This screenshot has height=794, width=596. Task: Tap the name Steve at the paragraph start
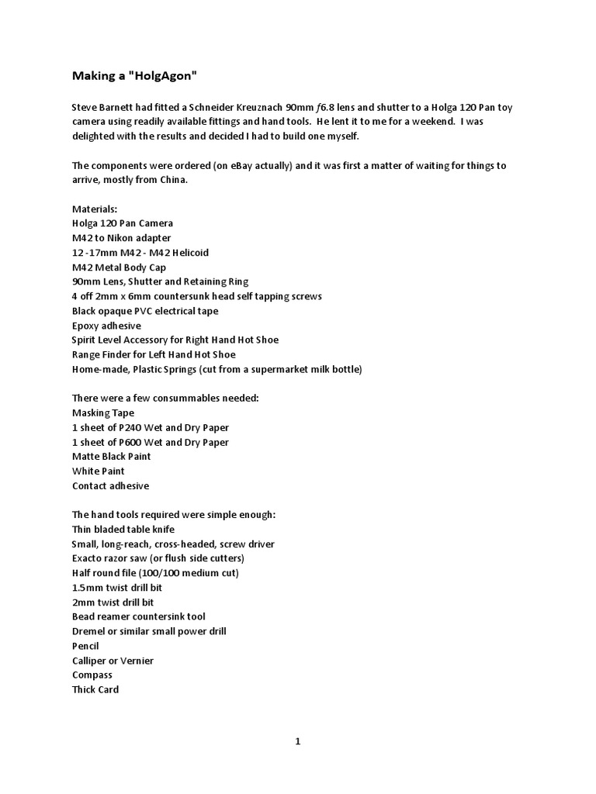coord(85,107)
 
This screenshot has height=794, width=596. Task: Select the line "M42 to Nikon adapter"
coord(122,238)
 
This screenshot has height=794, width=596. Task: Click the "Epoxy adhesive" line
coord(106,326)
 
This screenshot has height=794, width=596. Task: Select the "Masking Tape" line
coord(103,413)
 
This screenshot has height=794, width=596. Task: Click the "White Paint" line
coord(99,471)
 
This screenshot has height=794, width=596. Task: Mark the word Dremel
coord(89,631)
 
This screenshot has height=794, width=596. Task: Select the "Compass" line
coord(92,675)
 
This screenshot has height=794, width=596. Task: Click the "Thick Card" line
coord(95,689)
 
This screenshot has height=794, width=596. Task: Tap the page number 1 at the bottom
coord(297,741)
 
